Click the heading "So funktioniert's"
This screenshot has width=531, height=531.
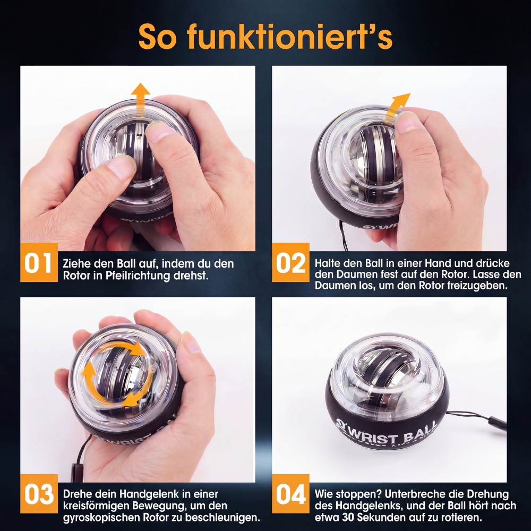click(265, 37)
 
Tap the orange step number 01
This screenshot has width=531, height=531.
click(38, 263)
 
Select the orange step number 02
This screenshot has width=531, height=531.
click(290, 263)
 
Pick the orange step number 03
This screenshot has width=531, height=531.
click(39, 495)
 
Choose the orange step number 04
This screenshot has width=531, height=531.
click(291, 495)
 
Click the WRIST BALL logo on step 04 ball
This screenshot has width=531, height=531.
click(386, 433)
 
